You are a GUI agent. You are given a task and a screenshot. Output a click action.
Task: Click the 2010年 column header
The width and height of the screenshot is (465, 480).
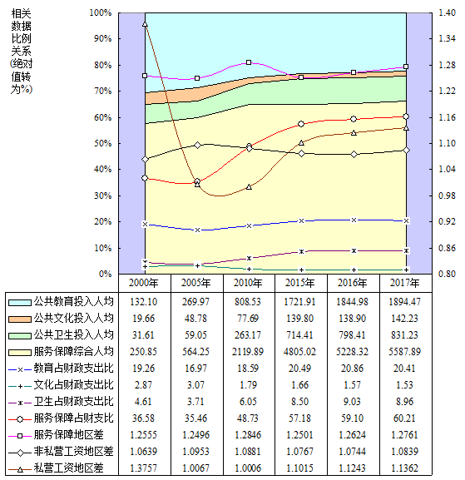click(248, 283)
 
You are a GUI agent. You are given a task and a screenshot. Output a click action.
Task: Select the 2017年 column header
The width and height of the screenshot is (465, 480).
click(405, 283)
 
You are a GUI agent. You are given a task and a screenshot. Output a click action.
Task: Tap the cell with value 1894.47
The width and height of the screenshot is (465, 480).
click(405, 302)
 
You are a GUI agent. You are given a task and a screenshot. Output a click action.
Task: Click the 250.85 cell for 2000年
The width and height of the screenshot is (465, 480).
click(143, 351)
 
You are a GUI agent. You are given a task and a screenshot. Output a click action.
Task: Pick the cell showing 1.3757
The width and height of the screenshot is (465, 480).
click(143, 468)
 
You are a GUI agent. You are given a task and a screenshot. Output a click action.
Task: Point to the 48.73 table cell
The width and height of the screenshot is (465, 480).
click(248, 418)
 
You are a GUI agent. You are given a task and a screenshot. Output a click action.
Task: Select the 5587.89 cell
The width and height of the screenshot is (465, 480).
click(405, 351)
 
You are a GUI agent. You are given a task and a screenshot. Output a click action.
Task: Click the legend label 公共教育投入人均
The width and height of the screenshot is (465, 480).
click(73, 302)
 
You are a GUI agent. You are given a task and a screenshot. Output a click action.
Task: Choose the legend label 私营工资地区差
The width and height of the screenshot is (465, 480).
click(68, 468)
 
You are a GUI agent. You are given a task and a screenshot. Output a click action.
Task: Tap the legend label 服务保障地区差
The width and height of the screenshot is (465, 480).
click(68, 435)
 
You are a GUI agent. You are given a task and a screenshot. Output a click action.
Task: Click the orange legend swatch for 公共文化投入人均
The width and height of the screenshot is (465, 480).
click(20, 319)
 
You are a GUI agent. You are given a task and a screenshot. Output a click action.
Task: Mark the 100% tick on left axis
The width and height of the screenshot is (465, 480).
click(101, 12)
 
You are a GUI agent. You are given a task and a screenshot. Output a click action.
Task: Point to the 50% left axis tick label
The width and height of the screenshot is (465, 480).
click(103, 143)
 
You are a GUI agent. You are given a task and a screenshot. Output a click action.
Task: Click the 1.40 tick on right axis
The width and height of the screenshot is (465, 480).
click(447, 12)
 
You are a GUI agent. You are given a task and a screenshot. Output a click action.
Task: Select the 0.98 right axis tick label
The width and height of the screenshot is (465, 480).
click(447, 195)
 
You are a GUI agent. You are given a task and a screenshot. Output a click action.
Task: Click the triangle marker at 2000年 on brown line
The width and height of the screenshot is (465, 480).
click(145, 24)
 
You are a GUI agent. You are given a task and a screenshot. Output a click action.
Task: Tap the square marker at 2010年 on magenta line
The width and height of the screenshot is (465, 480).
click(249, 62)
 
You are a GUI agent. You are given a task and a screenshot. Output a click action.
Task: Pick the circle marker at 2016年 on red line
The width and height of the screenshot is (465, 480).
click(354, 119)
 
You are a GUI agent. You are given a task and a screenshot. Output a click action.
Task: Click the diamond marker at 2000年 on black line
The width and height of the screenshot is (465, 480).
click(145, 159)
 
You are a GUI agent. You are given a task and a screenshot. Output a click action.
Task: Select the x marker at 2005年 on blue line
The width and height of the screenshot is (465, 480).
click(197, 230)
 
